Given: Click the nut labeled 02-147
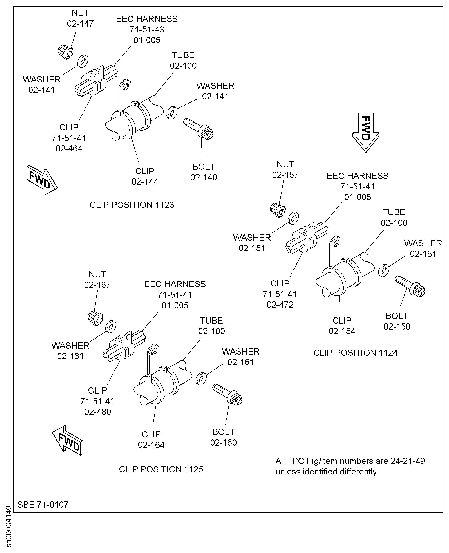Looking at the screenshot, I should point(65,52).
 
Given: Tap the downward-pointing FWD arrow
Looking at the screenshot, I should point(365,132).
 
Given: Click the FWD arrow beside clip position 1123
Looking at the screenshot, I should point(41,180).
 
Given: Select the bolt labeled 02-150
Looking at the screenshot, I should point(410,286).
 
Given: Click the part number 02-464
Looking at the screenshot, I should point(69,149).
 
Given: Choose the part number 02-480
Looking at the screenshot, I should point(98,412).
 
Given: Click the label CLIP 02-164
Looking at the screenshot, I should point(151,439).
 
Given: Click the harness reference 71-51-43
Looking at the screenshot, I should point(147,30).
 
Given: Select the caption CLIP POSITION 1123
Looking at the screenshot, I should point(132,205).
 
